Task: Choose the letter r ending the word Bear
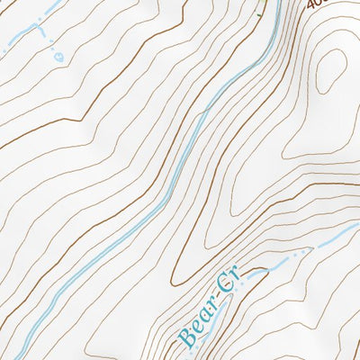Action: (x=210, y=304)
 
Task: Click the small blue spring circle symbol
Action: (x=59, y=56)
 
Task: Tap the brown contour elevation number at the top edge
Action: (x=314, y=4)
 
